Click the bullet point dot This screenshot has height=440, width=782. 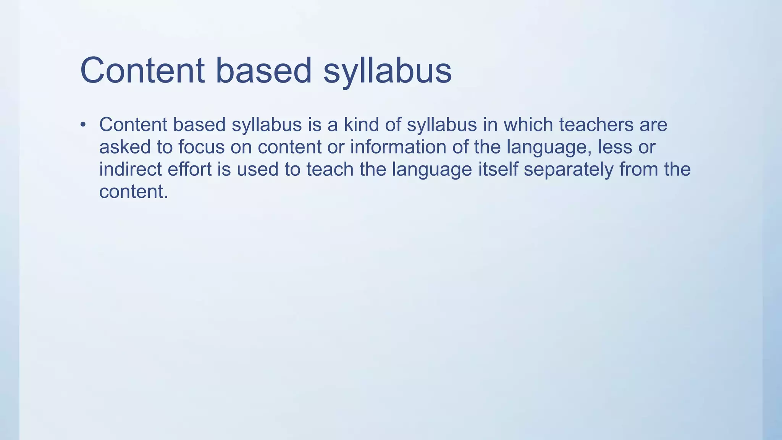pos(83,125)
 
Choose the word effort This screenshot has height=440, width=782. pos(189,169)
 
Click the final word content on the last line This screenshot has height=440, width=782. pos(133,192)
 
